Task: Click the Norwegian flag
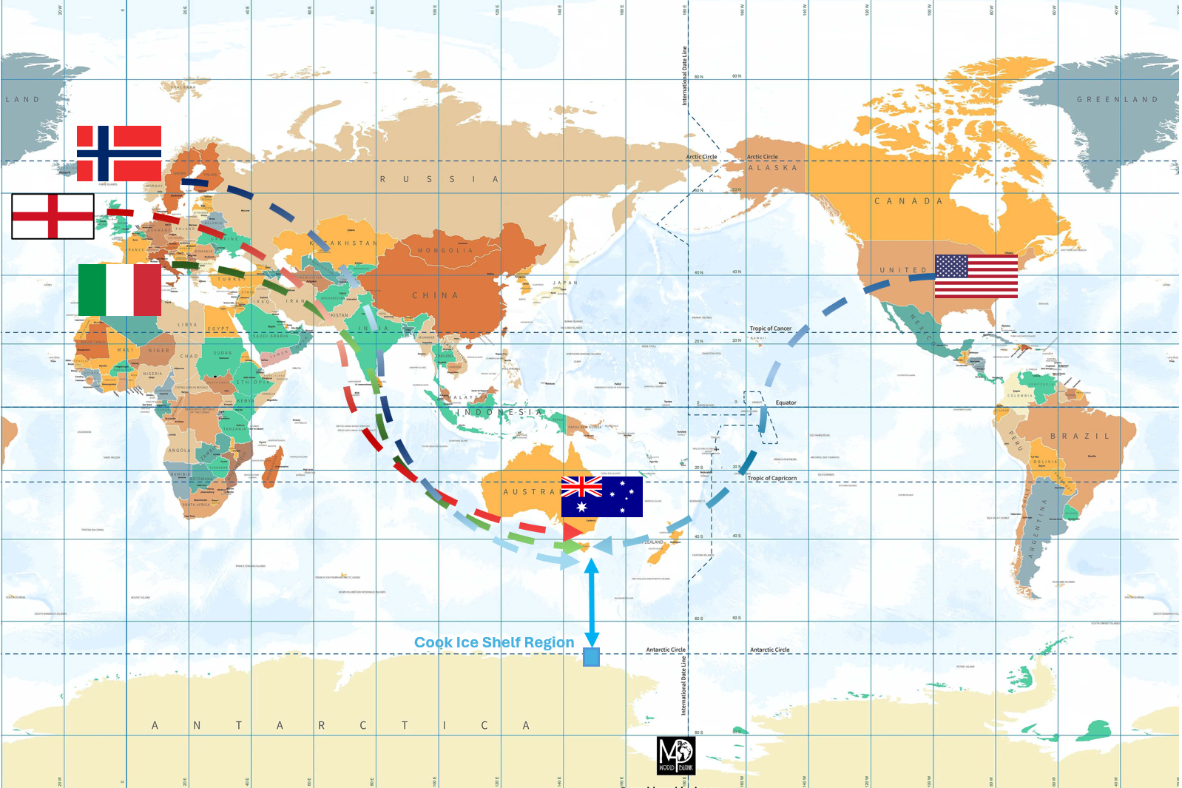[x=119, y=153]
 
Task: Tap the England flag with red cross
[x=53, y=216]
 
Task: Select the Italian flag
[x=119, y=290]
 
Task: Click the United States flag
[x=976, y=276]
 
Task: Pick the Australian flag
[x=601, y=496]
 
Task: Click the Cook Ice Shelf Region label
[x=493, y=642]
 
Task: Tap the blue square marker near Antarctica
[x=591, y=657]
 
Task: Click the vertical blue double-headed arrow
[x=592, y=602]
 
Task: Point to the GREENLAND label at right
[x=1117, y=100]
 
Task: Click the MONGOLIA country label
[x=445, y=251]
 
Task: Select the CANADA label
[x=908, y=201]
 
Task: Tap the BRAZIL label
[x=1080, y=437]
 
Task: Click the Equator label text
[x=786, y=403]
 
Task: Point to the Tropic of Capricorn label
[x=771, y=479]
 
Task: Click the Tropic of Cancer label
[x=770, y=329]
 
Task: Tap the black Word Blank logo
[x=676, y=755]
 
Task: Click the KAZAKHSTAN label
[x=343, y=243]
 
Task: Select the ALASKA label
[x=772, y=168]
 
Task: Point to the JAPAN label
[x=565, y=283]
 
